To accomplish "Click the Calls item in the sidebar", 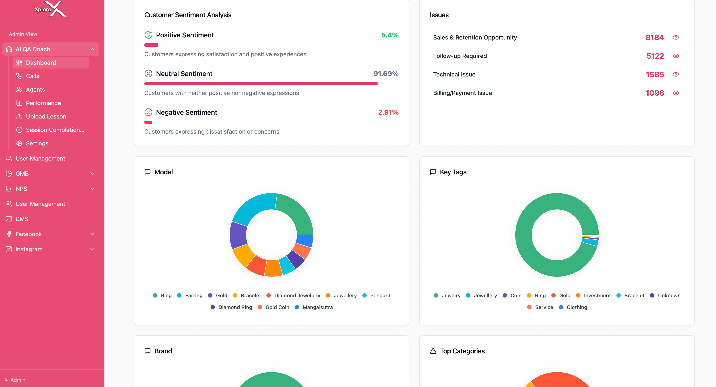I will [32, 76].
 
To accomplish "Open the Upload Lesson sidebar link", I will [46, 116].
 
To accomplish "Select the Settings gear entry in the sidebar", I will [37, 143].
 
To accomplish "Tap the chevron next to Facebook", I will [92, 234].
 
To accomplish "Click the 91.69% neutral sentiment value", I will [386, 74].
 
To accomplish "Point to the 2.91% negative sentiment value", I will [388, 112].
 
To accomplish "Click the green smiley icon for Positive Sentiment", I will [148, 35].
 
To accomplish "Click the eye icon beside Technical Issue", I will [676, 74].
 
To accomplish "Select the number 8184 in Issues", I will [654, 37].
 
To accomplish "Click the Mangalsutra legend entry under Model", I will [317, 307].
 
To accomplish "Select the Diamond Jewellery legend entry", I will [297, 295].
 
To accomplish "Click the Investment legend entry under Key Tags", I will [597, 295].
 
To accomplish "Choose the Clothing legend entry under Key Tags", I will [576, 307].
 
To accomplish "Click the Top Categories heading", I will [462, 351].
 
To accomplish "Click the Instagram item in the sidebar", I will [29, 249].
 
